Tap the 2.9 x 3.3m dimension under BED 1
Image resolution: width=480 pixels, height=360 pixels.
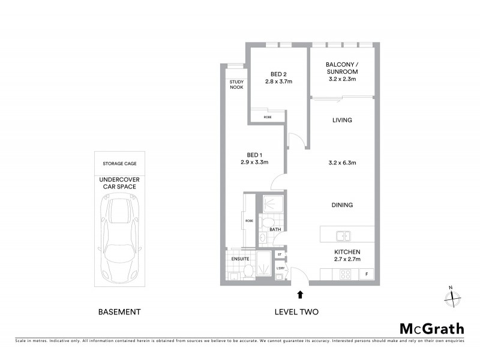[x=254, y=162]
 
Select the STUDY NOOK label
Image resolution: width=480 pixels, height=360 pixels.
[x=235, y=86]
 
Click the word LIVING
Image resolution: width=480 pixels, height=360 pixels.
[x=342, y=121]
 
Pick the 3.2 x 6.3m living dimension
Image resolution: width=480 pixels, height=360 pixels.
[x=342, y=162]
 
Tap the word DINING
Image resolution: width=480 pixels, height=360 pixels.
[x=342, y=205]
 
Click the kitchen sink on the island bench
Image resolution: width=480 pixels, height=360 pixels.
[x=343, y=235]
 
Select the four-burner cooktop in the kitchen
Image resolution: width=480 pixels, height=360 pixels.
[x=346, y=275]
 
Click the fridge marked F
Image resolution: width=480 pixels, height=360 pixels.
[x=367, y=275]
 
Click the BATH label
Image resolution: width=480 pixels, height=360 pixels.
[x=275, y=229]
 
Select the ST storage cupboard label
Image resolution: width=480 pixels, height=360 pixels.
[x=280, y=255]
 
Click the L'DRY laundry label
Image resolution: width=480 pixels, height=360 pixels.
[x=280, y=267]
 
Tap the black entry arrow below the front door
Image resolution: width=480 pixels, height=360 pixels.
[x=300, y=294]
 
